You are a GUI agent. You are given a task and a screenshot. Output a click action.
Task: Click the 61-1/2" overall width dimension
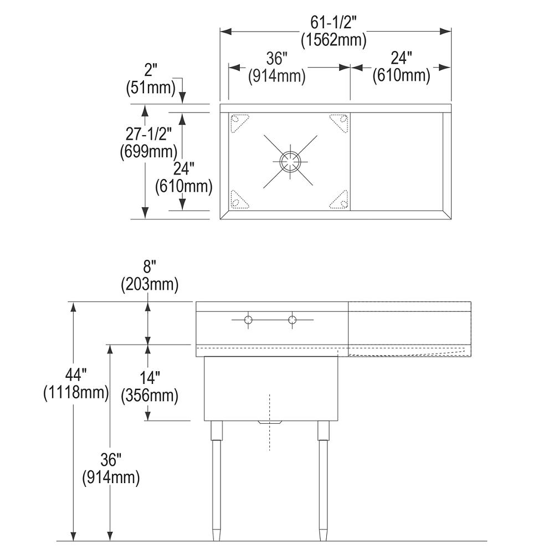334,23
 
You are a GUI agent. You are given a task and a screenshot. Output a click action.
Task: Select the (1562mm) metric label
334,40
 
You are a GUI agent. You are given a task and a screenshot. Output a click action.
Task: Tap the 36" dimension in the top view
276,59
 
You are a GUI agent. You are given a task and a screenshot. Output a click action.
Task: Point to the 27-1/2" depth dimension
146,134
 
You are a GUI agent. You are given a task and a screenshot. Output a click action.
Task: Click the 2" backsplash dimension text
151,70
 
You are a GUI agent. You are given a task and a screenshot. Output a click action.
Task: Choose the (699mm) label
148,151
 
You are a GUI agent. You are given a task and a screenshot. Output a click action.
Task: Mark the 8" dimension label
149,269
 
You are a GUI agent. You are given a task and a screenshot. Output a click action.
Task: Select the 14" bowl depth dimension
149,379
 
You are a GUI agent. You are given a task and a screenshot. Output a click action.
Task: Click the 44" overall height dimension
75,377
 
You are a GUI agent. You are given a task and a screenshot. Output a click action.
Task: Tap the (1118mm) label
75,393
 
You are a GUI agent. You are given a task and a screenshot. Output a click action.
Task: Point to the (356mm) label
149,396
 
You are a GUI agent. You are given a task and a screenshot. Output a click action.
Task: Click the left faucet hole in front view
249,320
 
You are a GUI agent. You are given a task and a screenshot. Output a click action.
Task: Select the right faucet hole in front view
293,320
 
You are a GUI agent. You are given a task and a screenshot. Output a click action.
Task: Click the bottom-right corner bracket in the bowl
340,200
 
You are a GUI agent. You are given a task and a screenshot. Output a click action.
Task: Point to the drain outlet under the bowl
270,422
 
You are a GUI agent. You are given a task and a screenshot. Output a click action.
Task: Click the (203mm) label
149,285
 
